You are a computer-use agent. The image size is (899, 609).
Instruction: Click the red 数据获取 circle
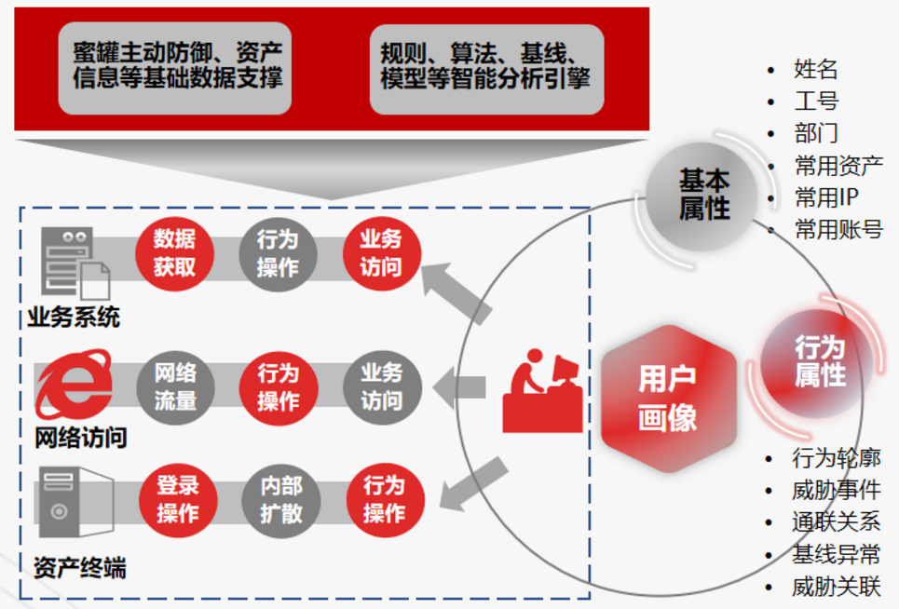[x=174, y=253]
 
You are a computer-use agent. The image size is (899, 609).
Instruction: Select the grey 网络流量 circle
[x=174, y=386]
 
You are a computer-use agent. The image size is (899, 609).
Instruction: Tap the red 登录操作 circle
[x=177, y=499]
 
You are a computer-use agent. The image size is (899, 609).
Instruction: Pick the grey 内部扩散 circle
[x=279, y=499]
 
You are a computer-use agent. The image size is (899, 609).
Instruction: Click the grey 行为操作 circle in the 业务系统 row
[x=278, y=253]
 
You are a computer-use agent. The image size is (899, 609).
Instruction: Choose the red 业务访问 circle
[x=381, y=253]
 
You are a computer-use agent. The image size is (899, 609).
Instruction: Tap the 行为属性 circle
[x=819, y=361]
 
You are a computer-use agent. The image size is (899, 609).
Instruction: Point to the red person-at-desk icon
[x=542, y=392]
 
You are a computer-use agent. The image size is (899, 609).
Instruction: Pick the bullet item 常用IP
[x=825, y=197]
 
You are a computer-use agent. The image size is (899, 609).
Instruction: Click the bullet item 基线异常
[x=836, y=555]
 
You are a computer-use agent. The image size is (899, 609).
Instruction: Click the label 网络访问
[x=80, y=438]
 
